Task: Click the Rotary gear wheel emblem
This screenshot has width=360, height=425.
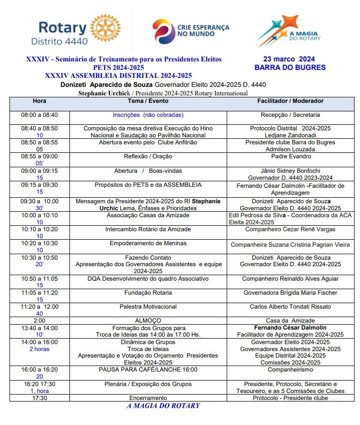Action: pyautogui.click(x=103, y=31)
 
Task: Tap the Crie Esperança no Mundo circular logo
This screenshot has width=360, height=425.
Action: pyautogui.click(x=163, y=31)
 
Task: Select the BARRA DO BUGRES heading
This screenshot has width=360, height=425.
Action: pyautogui.click(x=290, y=67)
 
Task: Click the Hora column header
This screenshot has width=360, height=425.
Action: pyautogui.click(x=39, y=101)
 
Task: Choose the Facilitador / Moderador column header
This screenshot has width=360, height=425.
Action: pyautogui.click(x=290, y=101)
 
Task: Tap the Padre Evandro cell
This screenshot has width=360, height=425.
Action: pyautogui.click(x=290, y=156)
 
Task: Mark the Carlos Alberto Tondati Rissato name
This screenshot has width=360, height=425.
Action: pyautogui.click(x=290, y=307)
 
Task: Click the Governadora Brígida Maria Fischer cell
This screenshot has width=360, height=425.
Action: pyautogui.click(x=290, y=293)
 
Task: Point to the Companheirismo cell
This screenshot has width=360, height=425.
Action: pyautogui.click(x=290, y=370)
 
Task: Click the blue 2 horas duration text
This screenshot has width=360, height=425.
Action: pyautogui.click(x=39, y=349)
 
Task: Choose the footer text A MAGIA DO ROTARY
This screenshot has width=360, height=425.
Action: pyautogui.click(x=163, y=406)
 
